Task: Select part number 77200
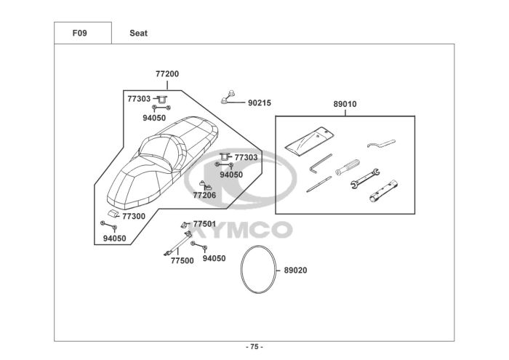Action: click(x=167, y=73)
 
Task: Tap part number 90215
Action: click(x=260, y=103)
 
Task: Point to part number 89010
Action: click(x=345, y=104)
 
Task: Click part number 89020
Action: click(x=295, y=271)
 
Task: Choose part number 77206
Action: click(x=204, y=195)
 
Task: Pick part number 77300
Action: click(x=133, y=216)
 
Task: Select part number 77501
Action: click(x=204, y=224)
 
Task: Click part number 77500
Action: click(x=182, y=260)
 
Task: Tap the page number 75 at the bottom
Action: click(x=254, y=346)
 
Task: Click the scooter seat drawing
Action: click(x=160, y=160)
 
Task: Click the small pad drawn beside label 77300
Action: click(x=113, y=213)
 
